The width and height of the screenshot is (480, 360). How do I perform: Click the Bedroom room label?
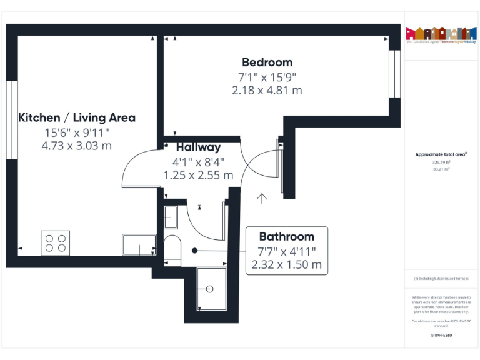point(267,62)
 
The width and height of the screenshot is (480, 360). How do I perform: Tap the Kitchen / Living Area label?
point(77,117)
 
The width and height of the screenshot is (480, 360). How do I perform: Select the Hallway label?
point(198,147)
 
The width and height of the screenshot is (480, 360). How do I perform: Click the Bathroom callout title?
point(286,237)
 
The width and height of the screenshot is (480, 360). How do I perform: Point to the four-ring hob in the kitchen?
point(55,242)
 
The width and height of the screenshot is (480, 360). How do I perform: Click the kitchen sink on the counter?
point(139,245)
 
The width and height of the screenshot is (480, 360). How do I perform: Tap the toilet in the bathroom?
point(171,248)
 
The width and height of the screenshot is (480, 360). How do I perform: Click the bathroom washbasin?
point(171,217)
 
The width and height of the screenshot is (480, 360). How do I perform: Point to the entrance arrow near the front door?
point(262,198)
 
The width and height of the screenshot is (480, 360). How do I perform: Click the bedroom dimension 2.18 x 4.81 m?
point(267,91)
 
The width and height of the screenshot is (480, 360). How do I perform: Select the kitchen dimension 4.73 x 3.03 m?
point(77,146)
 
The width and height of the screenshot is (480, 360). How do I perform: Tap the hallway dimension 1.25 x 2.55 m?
point(198,176)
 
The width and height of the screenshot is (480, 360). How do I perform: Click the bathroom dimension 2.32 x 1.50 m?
point(286,264)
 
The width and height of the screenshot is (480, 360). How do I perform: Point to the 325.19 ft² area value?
point(441,162)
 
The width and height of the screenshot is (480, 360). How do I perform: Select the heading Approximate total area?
point(441,154)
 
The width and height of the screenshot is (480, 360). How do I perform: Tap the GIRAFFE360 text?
point(441,336)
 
